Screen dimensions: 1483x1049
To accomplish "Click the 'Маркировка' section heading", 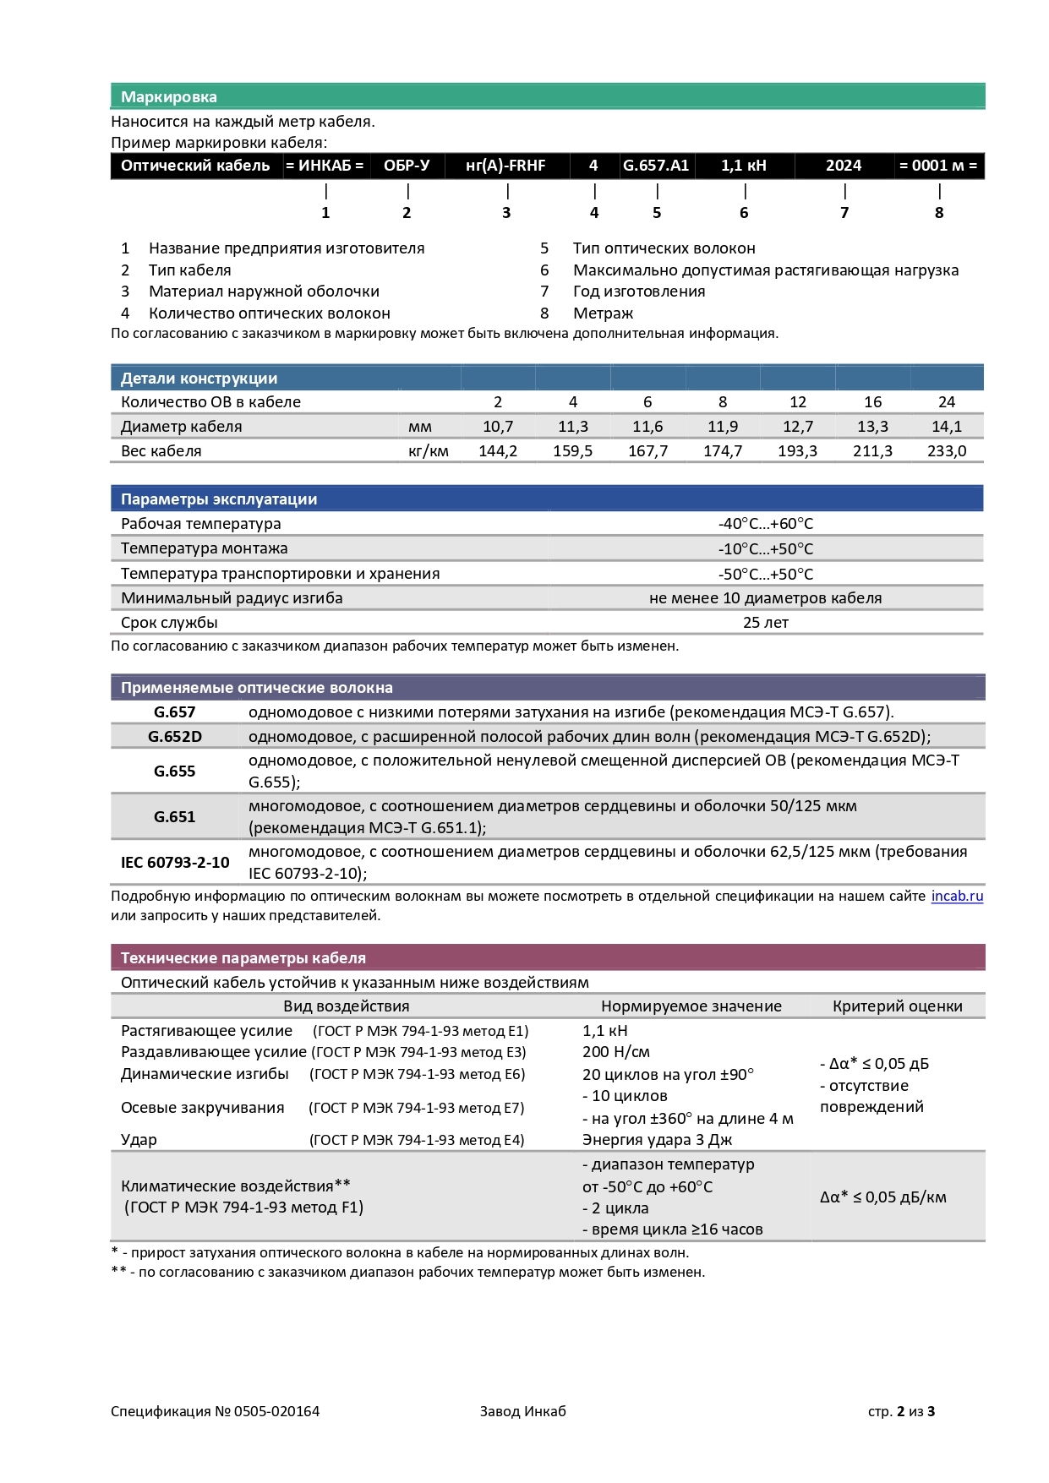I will (x=169, y=97).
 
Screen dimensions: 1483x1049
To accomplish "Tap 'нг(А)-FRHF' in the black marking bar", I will (x=505, y=166).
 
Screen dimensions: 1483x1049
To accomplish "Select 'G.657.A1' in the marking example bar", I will (x=656, y=166).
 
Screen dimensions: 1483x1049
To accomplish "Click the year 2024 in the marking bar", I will (x=844, y=166).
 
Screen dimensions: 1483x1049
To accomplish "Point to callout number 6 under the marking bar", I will (x=744, y=213).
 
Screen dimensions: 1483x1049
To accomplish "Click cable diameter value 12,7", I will (x=798, y=427).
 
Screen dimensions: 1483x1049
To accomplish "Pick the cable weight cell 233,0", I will (x=947, y=451).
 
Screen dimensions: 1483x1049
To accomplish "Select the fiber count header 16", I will (x=872, y=402).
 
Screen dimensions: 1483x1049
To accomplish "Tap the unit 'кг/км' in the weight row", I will (x=429, y=451).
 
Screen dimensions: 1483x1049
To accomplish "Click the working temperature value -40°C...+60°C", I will (x=766, y=524).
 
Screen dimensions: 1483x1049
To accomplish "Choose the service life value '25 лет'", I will (x=766, y=623).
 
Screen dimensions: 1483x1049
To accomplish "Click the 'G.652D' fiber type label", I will (x=175, y=737).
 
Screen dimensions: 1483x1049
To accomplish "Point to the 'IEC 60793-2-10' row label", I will (x=175, y=863).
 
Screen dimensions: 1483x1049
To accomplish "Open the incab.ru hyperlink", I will (x=957, y=897).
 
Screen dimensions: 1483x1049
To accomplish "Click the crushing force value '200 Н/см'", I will (x=616, y=1052).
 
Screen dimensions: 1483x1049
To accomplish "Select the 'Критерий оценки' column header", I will (x=898, y=1006).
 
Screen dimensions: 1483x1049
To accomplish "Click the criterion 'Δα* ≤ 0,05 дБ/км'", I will (x=883, y=1197).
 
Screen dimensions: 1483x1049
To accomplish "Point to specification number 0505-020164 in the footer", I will (x=276, y=1411).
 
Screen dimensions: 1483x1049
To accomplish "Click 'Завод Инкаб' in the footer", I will (x=522, y=1411).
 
